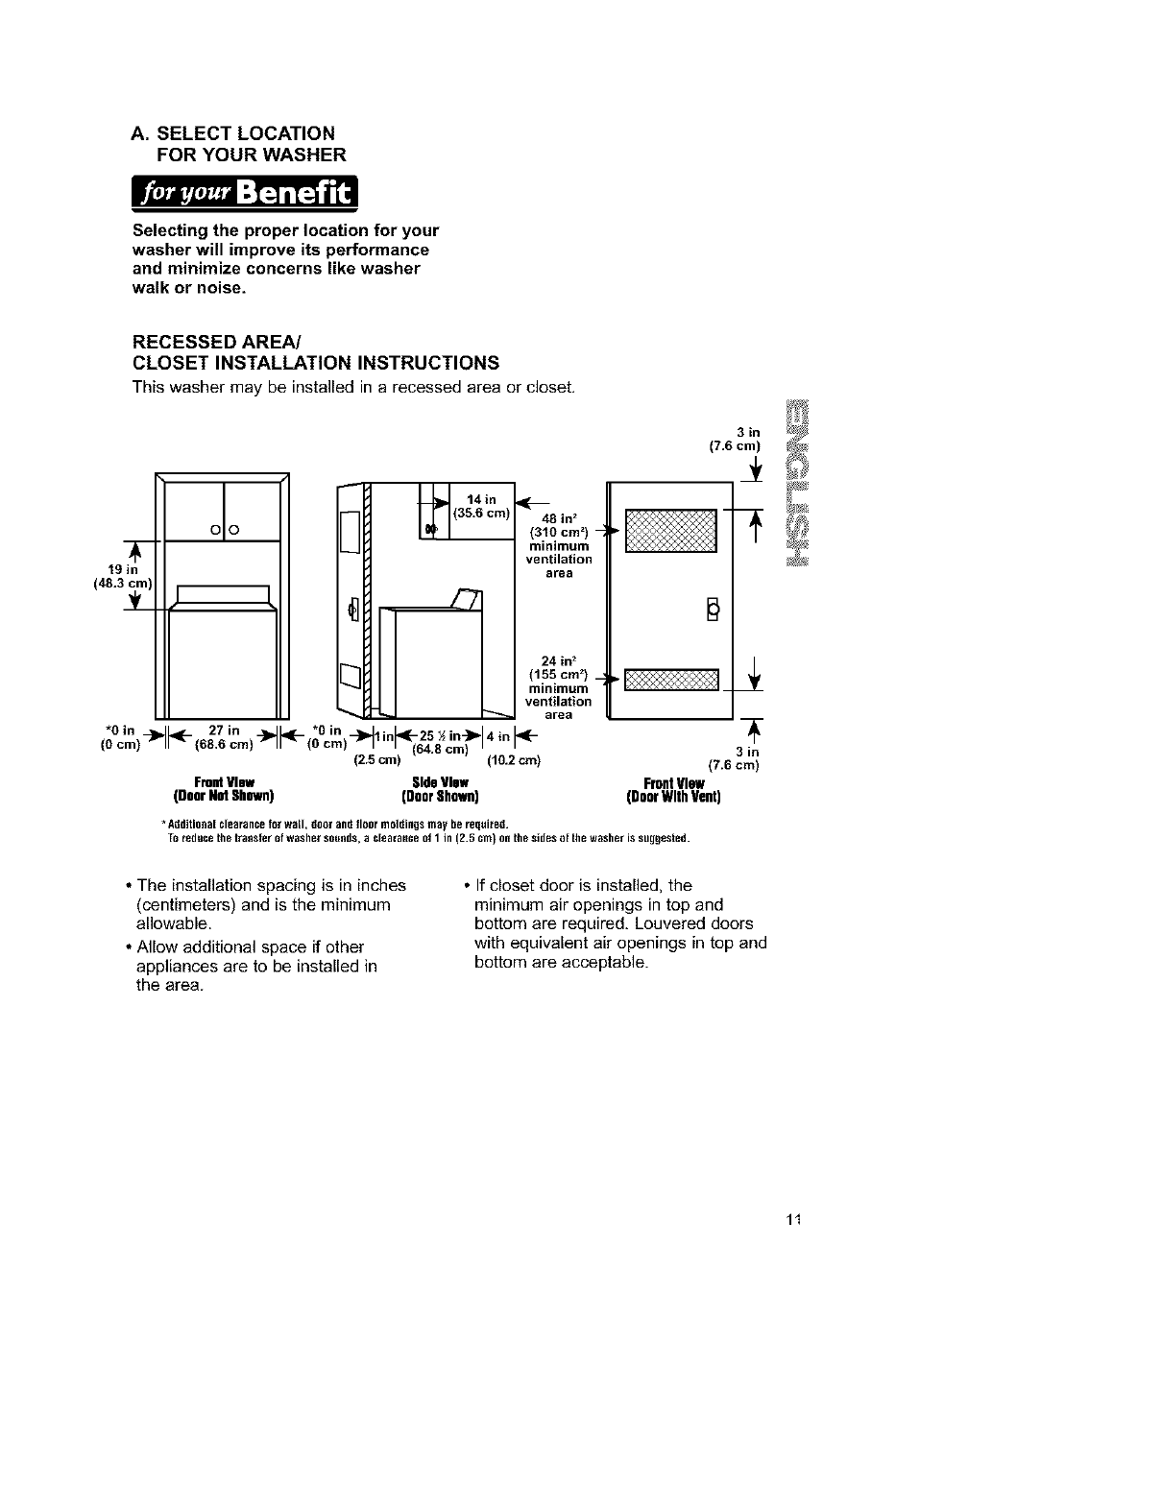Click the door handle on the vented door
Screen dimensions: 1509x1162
click(x=712, y=609)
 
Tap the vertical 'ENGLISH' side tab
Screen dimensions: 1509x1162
click(x=798, y=481)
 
